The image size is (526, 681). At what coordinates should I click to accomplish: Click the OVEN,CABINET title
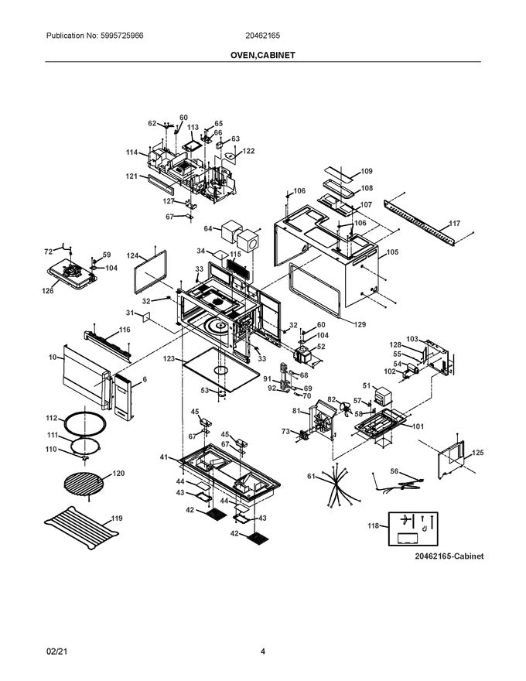pos(262,56)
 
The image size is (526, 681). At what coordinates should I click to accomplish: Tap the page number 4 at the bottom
pos(263,651)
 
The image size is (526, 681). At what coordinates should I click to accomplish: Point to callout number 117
pos(455,224)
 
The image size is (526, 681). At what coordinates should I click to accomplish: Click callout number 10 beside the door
pos(53,358)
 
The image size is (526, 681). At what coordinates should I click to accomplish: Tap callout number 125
pos(477,452)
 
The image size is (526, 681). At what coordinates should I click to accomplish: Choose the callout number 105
pos(392,252)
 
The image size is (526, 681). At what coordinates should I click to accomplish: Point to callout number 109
pos(367,171)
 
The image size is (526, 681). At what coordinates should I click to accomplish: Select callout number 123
pos(168,359)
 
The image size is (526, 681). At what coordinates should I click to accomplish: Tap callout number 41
pos(164,457)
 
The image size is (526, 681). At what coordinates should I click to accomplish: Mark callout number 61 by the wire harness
pos(311,477)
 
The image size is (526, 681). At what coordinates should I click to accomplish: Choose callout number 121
pos(132,176)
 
